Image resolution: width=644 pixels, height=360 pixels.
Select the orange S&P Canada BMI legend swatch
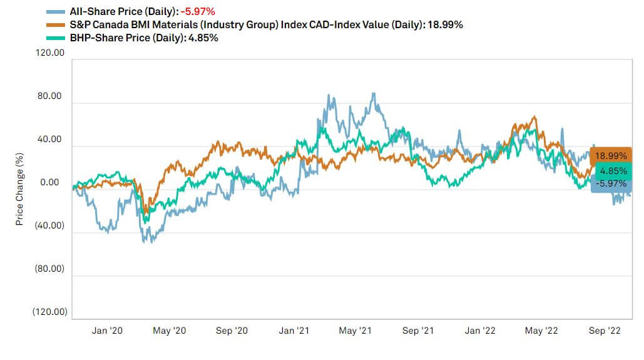point(56,25)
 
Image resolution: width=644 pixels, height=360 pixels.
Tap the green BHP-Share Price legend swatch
point(56,38)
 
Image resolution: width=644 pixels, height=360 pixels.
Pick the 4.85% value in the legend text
point(205,38)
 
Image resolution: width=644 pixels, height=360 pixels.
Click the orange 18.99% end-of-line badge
point(611,156)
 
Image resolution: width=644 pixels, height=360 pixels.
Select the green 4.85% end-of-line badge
point(611,170)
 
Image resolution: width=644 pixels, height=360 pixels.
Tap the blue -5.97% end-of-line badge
point(611,183)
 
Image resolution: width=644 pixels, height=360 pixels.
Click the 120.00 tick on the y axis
point(51,54)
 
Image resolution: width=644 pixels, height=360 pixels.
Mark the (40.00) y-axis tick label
point(51,226)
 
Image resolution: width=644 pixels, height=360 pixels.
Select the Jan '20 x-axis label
point(108,331)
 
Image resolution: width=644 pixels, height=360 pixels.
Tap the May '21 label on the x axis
point(356,331)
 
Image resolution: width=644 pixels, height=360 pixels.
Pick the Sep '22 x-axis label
point(605,331)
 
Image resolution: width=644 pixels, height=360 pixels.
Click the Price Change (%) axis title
point(20,188)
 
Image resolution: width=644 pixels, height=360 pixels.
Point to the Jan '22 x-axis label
point(481,331)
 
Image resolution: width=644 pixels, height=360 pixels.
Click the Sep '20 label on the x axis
point(232,331)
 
